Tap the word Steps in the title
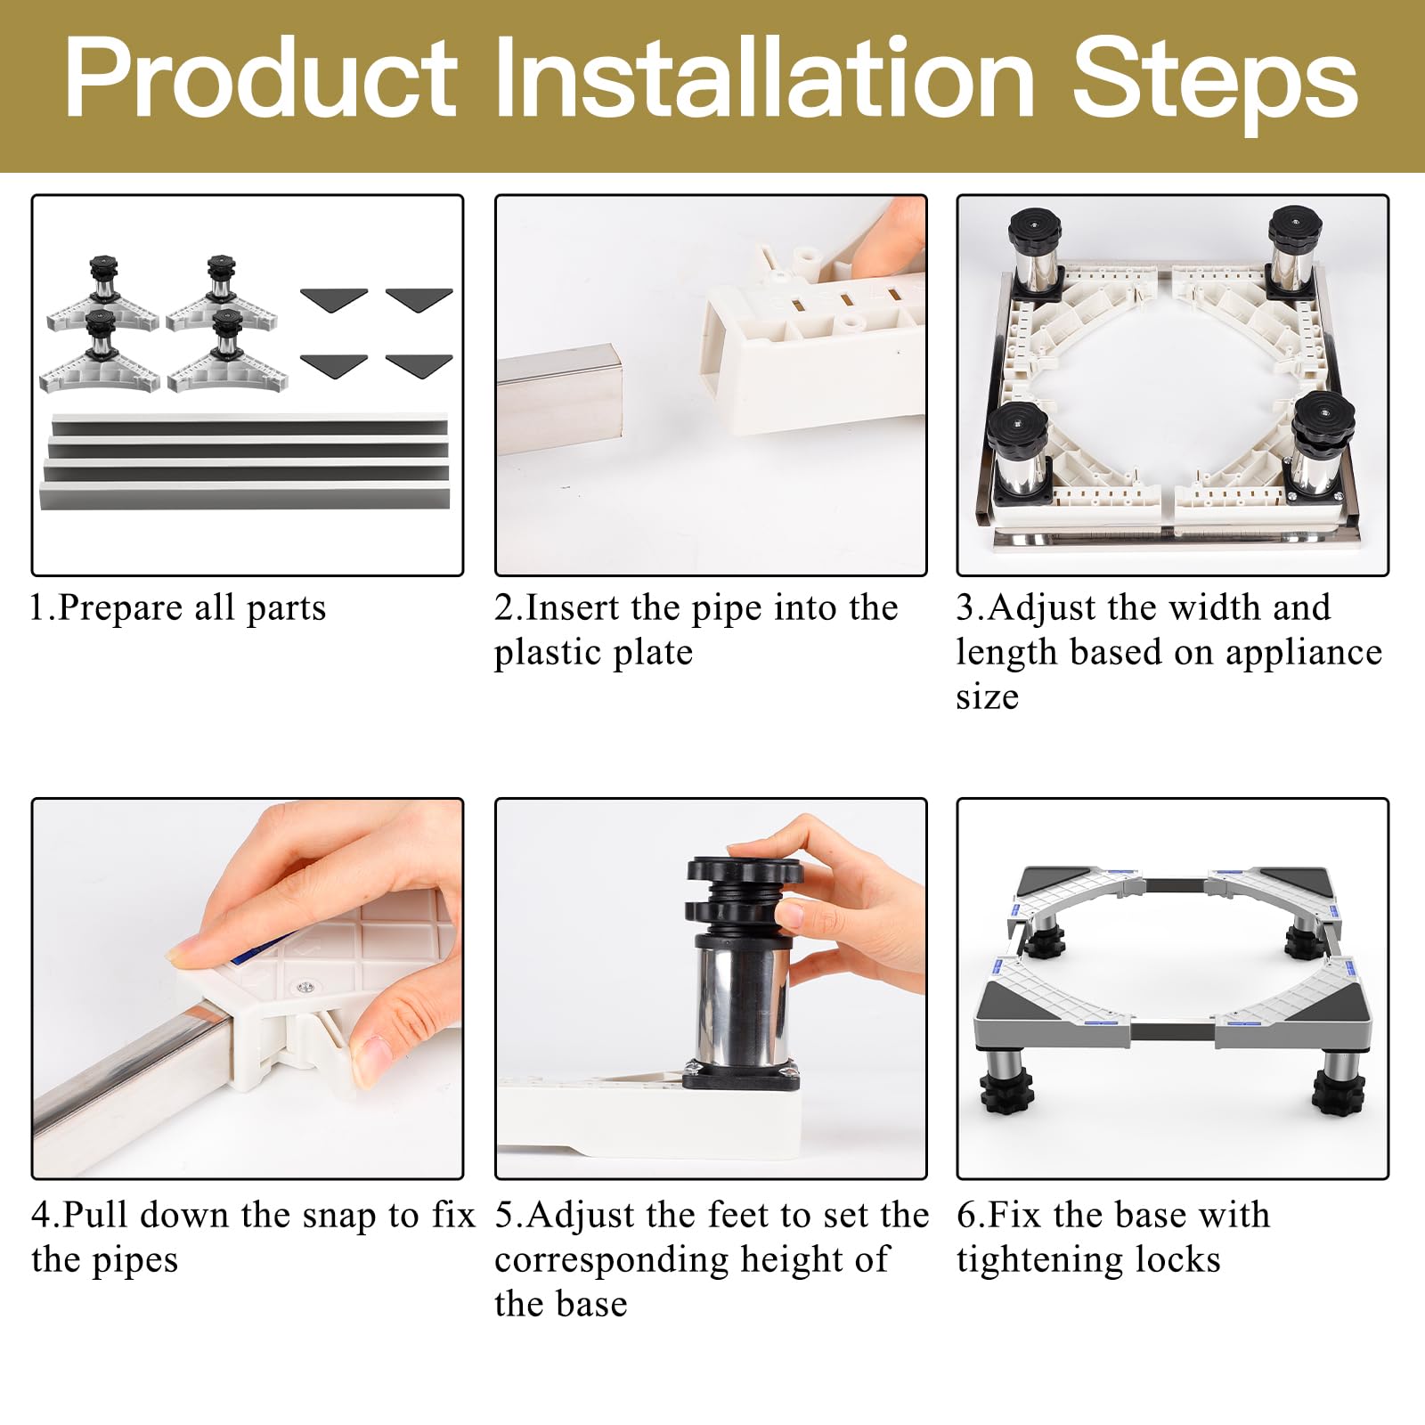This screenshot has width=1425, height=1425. [x=1215, y=85]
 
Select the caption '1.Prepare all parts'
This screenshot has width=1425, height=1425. [x=178, y=607]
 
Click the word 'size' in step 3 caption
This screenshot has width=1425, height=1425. [x=987, y=696]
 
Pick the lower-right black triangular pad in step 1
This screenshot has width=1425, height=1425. [x=419, y=365]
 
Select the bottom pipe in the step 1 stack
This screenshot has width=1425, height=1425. [x=245, y=494]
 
